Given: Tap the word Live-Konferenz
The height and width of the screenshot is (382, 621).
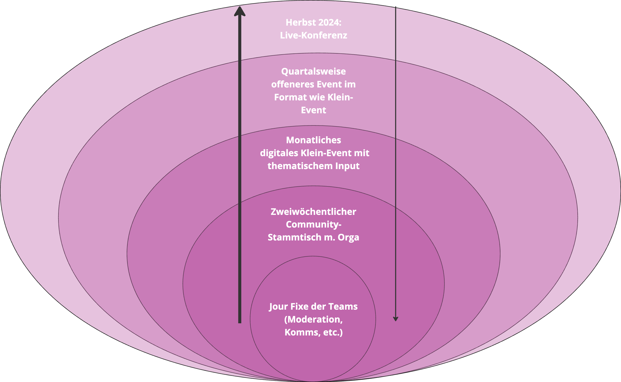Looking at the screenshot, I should coord(313,35).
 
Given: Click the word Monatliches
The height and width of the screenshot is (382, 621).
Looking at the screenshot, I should coord(313,140).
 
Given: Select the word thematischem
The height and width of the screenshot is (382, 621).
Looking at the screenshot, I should coord(300,166).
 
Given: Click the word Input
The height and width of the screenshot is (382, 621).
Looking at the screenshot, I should coord(347,166).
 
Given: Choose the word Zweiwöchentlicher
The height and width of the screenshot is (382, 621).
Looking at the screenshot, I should coord(313,212).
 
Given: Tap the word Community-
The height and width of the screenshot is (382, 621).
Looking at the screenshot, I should coord(313,224).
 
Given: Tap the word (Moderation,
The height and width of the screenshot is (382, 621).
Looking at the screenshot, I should coord(313,319).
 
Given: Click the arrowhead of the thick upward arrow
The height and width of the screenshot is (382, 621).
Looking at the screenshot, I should coord(240,11).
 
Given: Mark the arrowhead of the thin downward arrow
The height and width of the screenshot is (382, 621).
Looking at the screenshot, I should coord(396,319).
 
